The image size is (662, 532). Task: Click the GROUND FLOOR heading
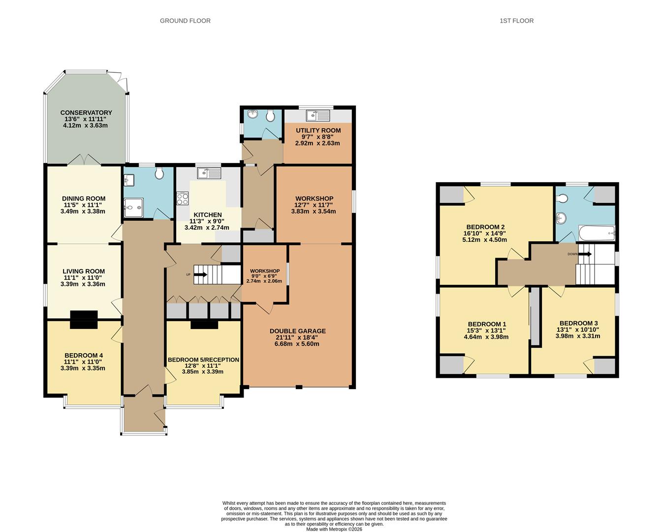click(185, 21)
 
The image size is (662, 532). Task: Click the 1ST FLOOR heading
click(516, 21)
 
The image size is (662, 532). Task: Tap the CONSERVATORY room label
click(86, 113)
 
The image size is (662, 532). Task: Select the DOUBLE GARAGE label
click(297, 331)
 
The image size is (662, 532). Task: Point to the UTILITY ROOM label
click(318, 131)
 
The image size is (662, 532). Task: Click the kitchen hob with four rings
click(183, 199)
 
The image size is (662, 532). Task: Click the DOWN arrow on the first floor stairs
click(584, 254)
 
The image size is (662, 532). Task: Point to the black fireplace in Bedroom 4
click(84, 319)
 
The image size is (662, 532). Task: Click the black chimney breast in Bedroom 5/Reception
click(204, 324)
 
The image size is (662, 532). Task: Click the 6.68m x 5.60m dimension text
click(297, 344)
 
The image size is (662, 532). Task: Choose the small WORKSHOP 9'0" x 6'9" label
click(265, 271)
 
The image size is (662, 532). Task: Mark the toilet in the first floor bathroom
click(562, 199)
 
